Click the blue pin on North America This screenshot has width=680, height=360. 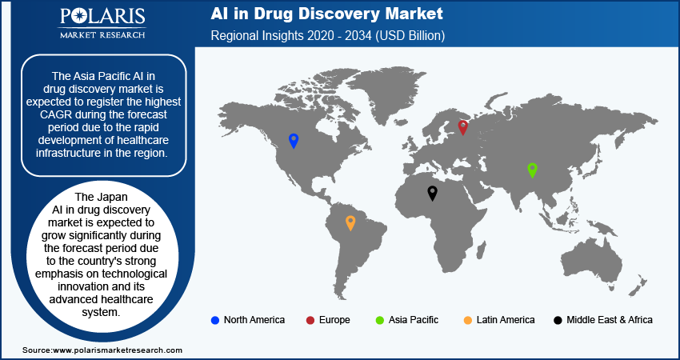[x=294, y=141]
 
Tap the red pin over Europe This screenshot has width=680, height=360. [x=462, y=126]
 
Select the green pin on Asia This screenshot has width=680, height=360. [x=532, y=170]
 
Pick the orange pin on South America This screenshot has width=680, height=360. [x=350, y=222]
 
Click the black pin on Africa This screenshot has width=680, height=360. [x=432, y=193]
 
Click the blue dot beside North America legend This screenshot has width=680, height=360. [x=214, y=321]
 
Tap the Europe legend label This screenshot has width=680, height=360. [x=334, y=320]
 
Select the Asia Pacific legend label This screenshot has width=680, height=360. [x=414, y=320]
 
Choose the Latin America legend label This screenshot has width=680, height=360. [x=506, y=320]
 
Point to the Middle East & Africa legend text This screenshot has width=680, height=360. [x=610, y=320]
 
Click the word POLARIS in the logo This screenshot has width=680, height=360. [x=102, y=17]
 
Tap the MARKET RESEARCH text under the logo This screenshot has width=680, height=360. [x=102, y=34]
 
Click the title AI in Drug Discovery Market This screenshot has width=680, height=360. [x=326, y=14]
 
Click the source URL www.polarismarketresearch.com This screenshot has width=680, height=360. [x=117, y=350]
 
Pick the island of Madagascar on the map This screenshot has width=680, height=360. [x=481, y=250]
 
